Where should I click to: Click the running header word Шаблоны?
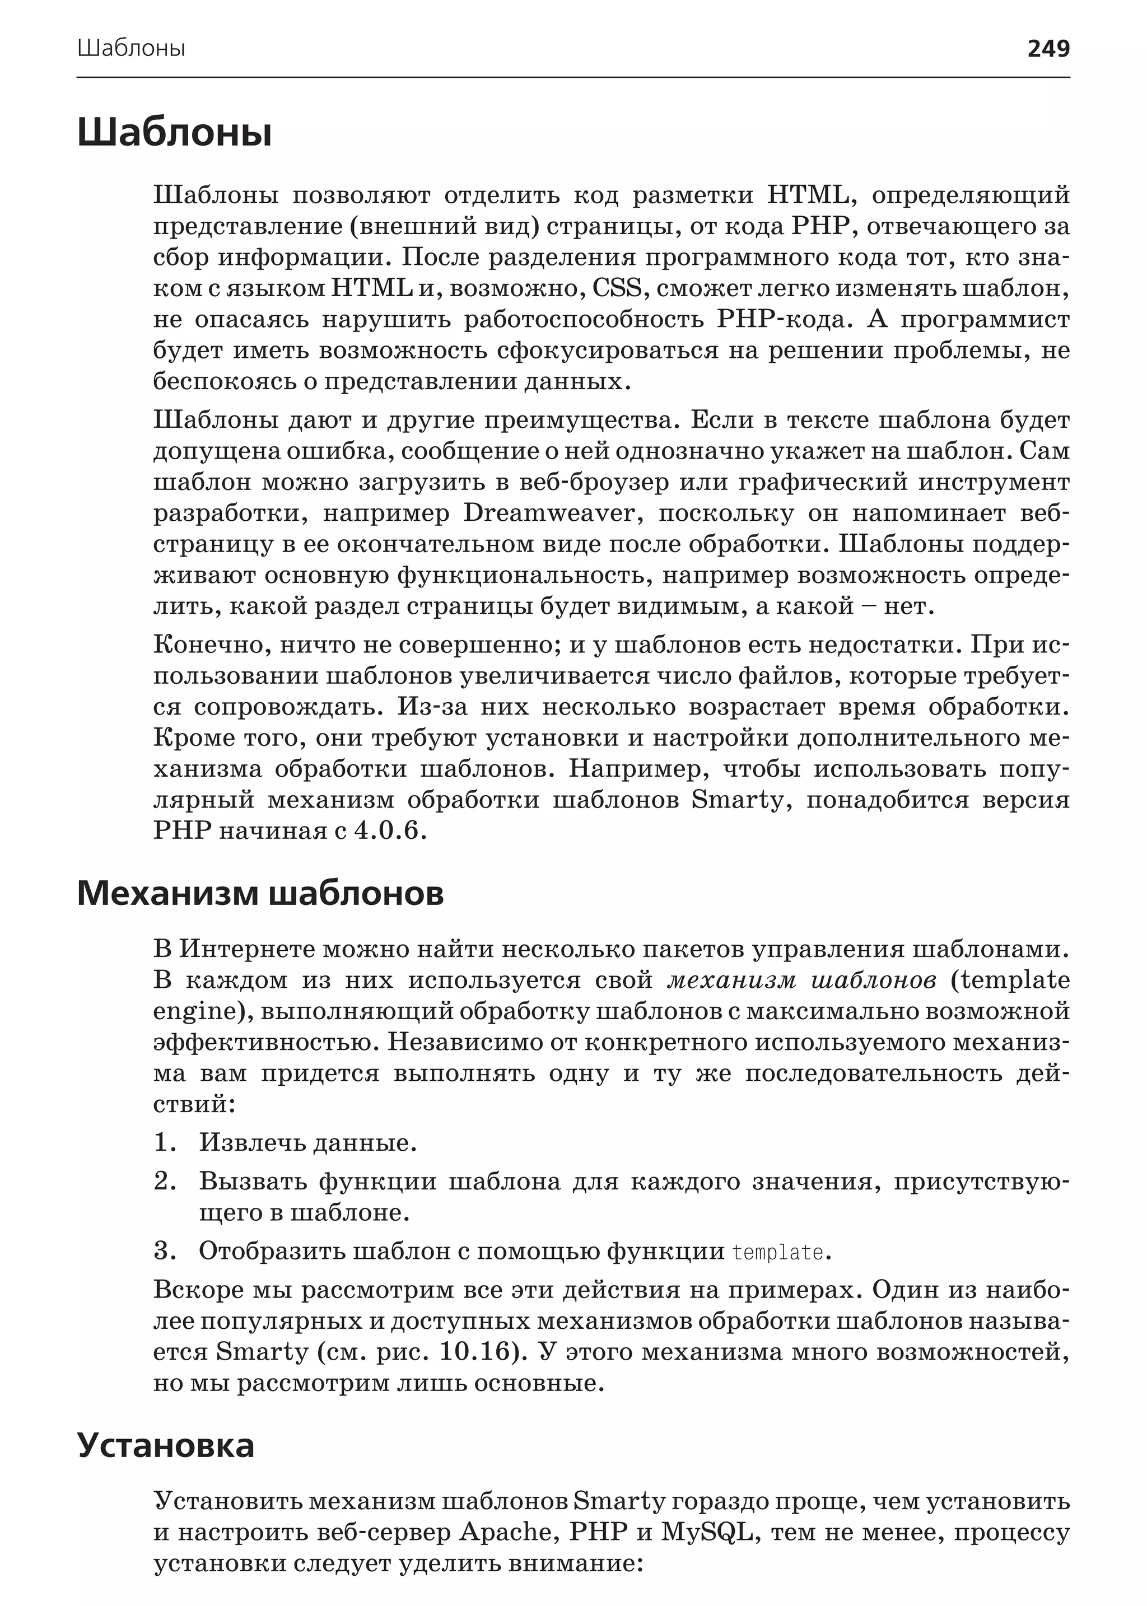(132, 49)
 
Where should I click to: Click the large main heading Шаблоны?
(174, 132)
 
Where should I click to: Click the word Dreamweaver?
(553, 513)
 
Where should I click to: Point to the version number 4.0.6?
(390, 830)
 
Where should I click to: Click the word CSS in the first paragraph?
(617, 288)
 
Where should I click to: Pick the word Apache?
(506, 1532)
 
